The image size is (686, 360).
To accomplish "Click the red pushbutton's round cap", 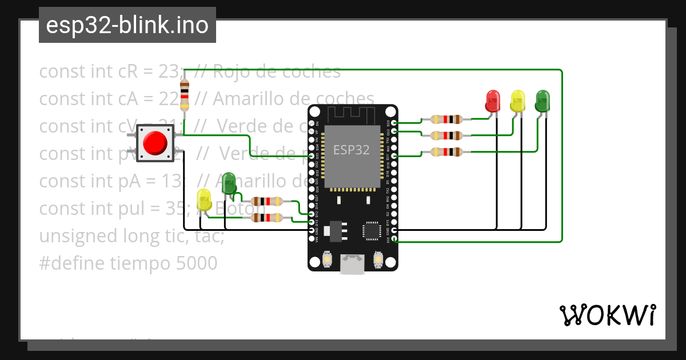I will [154, 143].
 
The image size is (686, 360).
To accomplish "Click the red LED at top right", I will [492, 101].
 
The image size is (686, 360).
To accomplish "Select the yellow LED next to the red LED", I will [517, 101].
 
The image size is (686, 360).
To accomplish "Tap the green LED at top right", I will [542, 101].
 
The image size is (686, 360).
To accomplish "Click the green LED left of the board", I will [229, 183].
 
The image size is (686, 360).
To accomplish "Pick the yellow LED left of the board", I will [204, 200].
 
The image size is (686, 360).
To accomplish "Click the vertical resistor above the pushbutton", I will [184, 94].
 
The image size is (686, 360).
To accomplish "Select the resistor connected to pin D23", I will [446, 119].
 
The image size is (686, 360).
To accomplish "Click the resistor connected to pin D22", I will [446, 135].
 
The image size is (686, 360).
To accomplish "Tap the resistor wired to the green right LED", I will [446, 152].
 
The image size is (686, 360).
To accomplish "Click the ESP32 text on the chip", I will [352, 150].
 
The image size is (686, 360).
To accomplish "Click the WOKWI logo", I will [607, 315].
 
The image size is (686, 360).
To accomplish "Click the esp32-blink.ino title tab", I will [127, 25].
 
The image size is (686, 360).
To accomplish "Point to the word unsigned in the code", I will [71, 236].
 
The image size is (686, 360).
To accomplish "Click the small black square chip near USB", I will [370, 231].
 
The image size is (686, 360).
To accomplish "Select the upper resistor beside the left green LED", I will [266, 201].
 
